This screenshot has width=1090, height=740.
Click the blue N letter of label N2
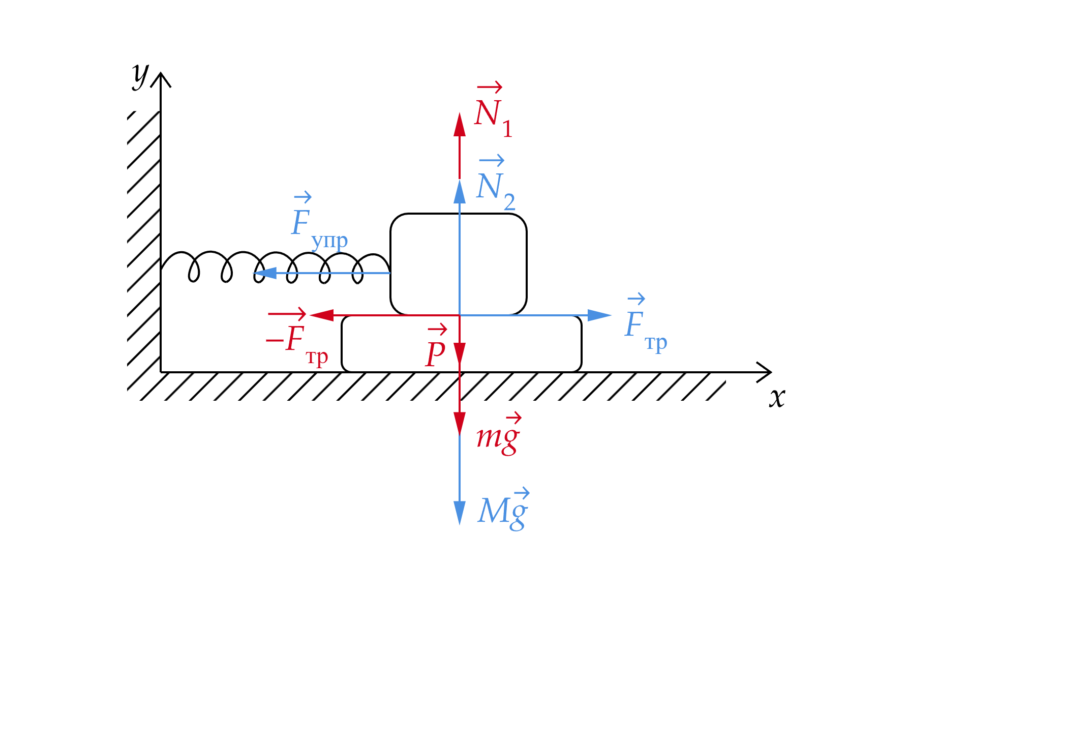click(489, 186)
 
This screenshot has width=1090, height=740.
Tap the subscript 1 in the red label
click(507, 129)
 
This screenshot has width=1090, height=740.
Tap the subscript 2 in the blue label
click(509, 202)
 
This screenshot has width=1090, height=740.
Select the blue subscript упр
click(329, 241)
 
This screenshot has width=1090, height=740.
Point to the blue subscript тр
click(656, 343)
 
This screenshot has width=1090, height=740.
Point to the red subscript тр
click(317, 358)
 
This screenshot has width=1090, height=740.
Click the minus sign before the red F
click(275, 340)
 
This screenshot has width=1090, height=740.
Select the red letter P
click(436, 353)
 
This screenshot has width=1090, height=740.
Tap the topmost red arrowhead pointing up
click(460, 125)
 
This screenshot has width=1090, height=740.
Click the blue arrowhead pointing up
click(460, 192)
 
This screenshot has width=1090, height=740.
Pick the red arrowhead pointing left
click(321, 315)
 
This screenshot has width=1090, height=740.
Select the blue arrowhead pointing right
click(599, 315)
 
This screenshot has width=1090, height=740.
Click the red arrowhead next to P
click(460, 353)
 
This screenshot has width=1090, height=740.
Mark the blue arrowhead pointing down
click(460, 513)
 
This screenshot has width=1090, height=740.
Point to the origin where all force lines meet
click(460, 315)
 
